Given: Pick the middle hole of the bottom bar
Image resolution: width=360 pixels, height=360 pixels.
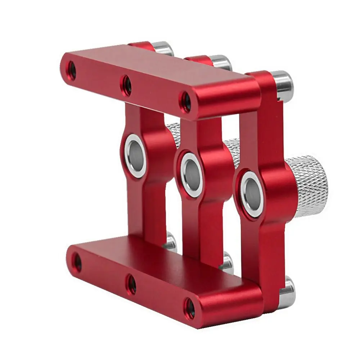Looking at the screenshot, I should tap(131, 283).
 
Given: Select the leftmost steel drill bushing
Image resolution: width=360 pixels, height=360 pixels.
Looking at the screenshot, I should tap(136, 155).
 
